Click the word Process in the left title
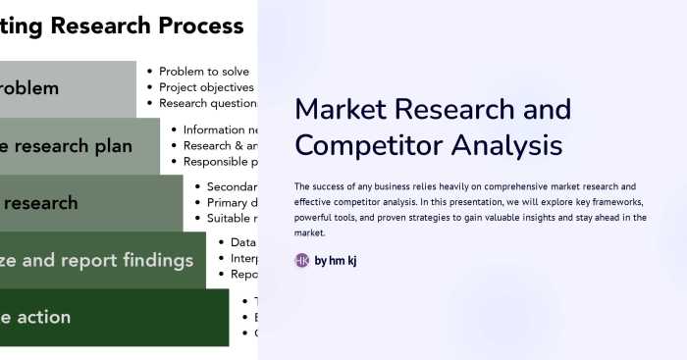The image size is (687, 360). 195,26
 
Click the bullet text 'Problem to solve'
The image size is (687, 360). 204,72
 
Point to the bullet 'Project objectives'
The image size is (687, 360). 206,87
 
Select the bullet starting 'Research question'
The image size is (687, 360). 207,103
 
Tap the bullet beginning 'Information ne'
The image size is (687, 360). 221,129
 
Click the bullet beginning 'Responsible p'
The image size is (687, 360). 221,161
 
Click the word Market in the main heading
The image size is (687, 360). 343,109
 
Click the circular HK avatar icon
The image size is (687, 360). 302,261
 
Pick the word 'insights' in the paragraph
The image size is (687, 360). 538,218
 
